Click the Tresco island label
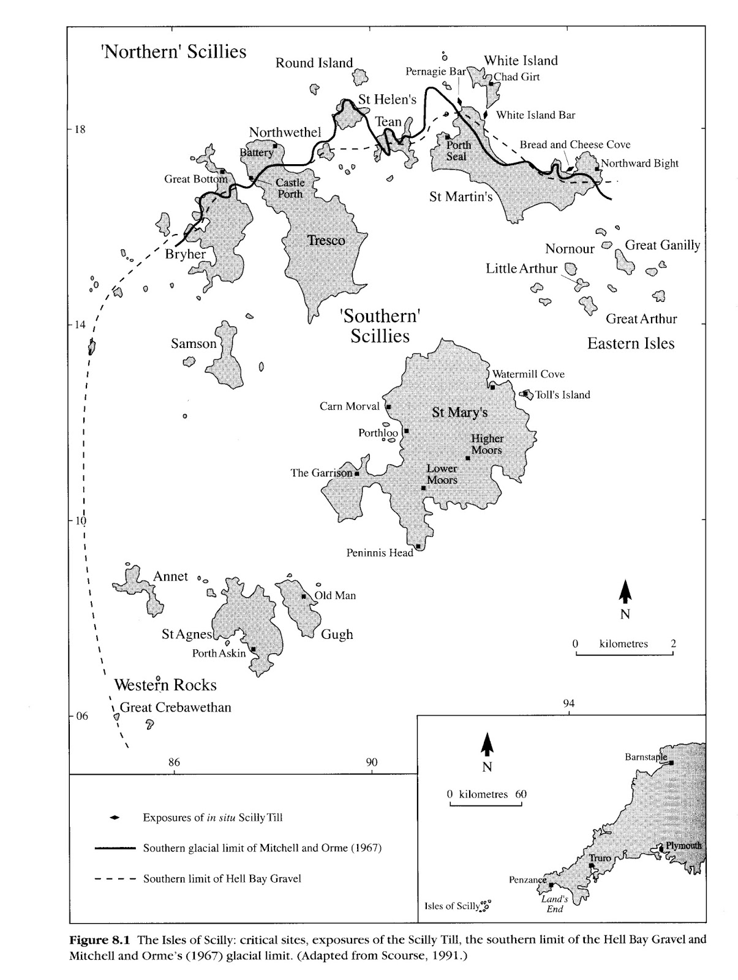pyautogui.click(x=326, y=241)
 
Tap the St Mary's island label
pyautogui.click(x=459, y=412)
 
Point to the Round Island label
pyautogui.click(x=314, y=63)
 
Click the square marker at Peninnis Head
pyautogui.click(x=418, y=546)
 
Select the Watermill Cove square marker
pyautogui.click(x=492, y=387)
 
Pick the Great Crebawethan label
pyautogui.click(x=175, y=707)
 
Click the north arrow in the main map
pyautogui.click(x=625, y=592)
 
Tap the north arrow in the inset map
pyautogui.click(x=487, y=744)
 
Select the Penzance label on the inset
pyautogui.click(x=527, y=880)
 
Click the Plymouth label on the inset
pyautogui.click(x=683, y=846)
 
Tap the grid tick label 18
pyautogui.click(x=80, y=129)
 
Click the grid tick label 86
pyautogui.click(x=174, y=763)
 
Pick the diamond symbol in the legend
pyautogui.click(x=113, y=818)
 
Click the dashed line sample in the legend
pyautogui.click(x=115, y=879)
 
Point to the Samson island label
pyautogui.click(x=194, y=344)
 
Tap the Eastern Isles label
pyautogui.click(x=631, y=344)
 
